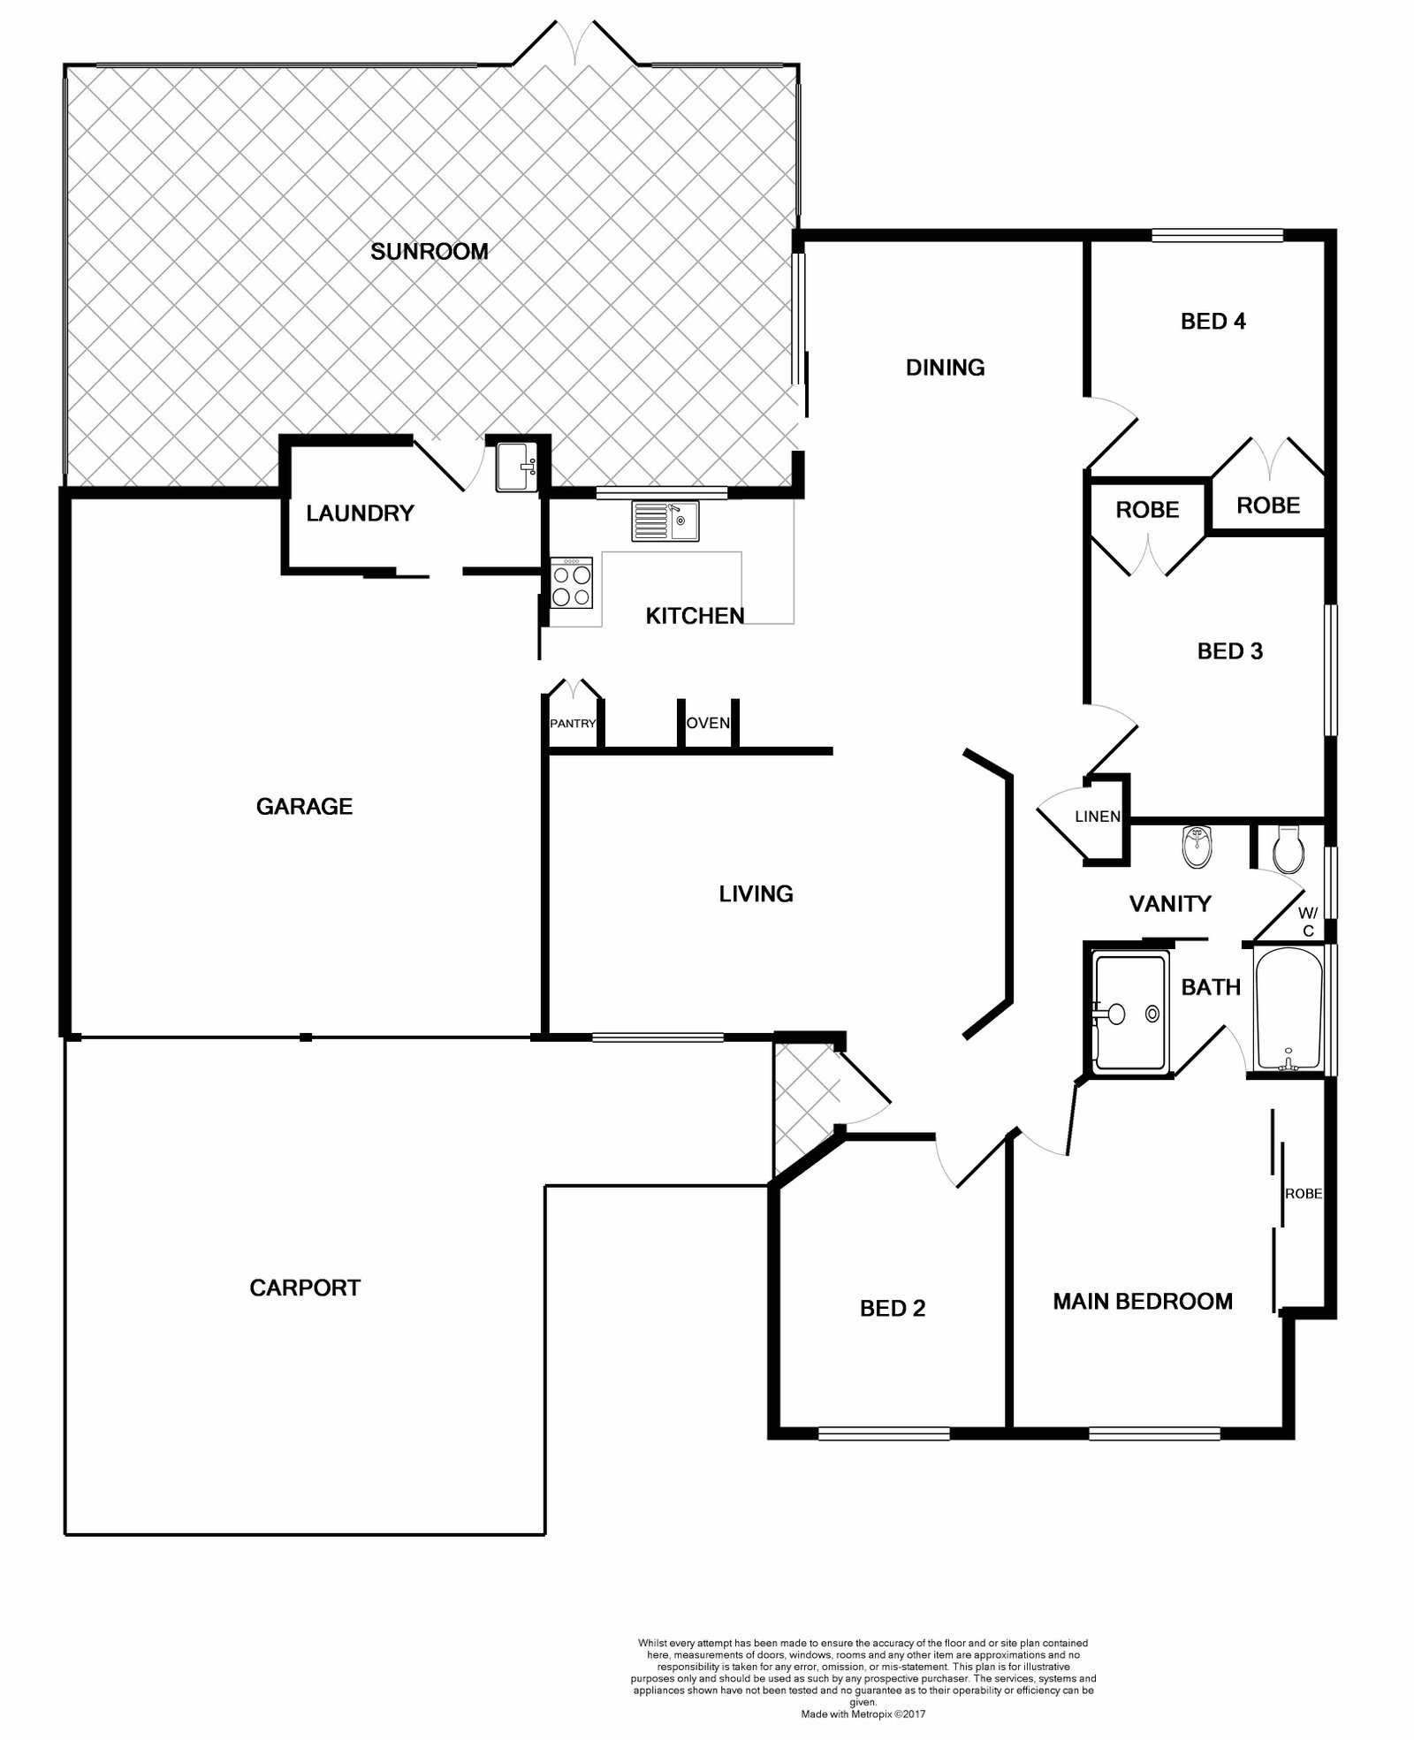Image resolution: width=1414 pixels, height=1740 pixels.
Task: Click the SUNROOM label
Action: click(x=430, y=252)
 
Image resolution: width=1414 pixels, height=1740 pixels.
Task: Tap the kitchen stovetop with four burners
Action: click(x=572, y=583)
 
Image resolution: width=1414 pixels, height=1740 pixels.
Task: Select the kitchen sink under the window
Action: click(x=665, y=520)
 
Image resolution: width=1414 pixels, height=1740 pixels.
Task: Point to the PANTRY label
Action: click(x=573, y=724)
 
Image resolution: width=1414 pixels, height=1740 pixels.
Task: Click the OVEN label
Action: click(x=708, y=723)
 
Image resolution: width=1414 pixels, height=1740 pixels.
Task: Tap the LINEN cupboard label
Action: click(x=1098, y=817)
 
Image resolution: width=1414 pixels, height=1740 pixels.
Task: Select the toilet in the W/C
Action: click(x=1288, y=850)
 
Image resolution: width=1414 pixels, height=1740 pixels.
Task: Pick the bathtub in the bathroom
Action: click(x=1289, y=1009)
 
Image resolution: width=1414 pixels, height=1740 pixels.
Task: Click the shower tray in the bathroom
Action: click(x=1131, y=1013)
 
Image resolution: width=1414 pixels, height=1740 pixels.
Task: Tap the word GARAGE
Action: click(x=304, y=806)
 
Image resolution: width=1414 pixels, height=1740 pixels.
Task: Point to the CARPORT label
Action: click(x=305, y=1288)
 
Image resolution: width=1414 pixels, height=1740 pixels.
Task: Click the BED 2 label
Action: click(x=893, y=1309)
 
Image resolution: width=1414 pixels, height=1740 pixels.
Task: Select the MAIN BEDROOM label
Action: click(x=1143, y=1301)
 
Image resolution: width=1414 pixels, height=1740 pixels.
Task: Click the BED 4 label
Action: click(x=1213, y=322)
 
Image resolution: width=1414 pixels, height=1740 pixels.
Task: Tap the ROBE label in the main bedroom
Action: click(x=1304, y=1193)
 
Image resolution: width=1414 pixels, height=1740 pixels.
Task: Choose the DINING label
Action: click(x=946, y=368)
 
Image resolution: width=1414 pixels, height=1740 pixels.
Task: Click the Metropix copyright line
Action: click(x=863, y=1713)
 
